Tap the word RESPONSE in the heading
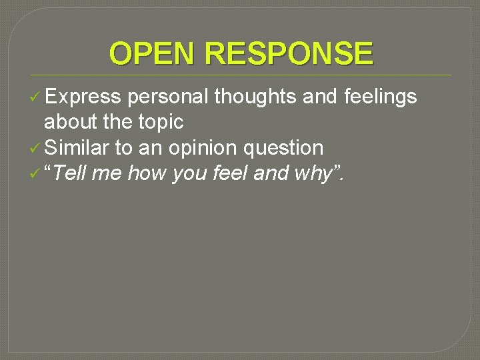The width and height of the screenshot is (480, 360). pyautogui.click(x=290, y=53)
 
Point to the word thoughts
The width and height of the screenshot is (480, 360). pyautogui.click(x=255, y=97)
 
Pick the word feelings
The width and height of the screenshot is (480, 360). pyautogui.click(x=380, y=97)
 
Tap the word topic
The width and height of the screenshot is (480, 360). pyautogui.click(x=160, y=122)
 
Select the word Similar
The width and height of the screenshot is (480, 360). pyautogui.click(x=79, y=147)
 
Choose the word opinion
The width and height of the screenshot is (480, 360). pyautogui.click(x=204, y=148)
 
